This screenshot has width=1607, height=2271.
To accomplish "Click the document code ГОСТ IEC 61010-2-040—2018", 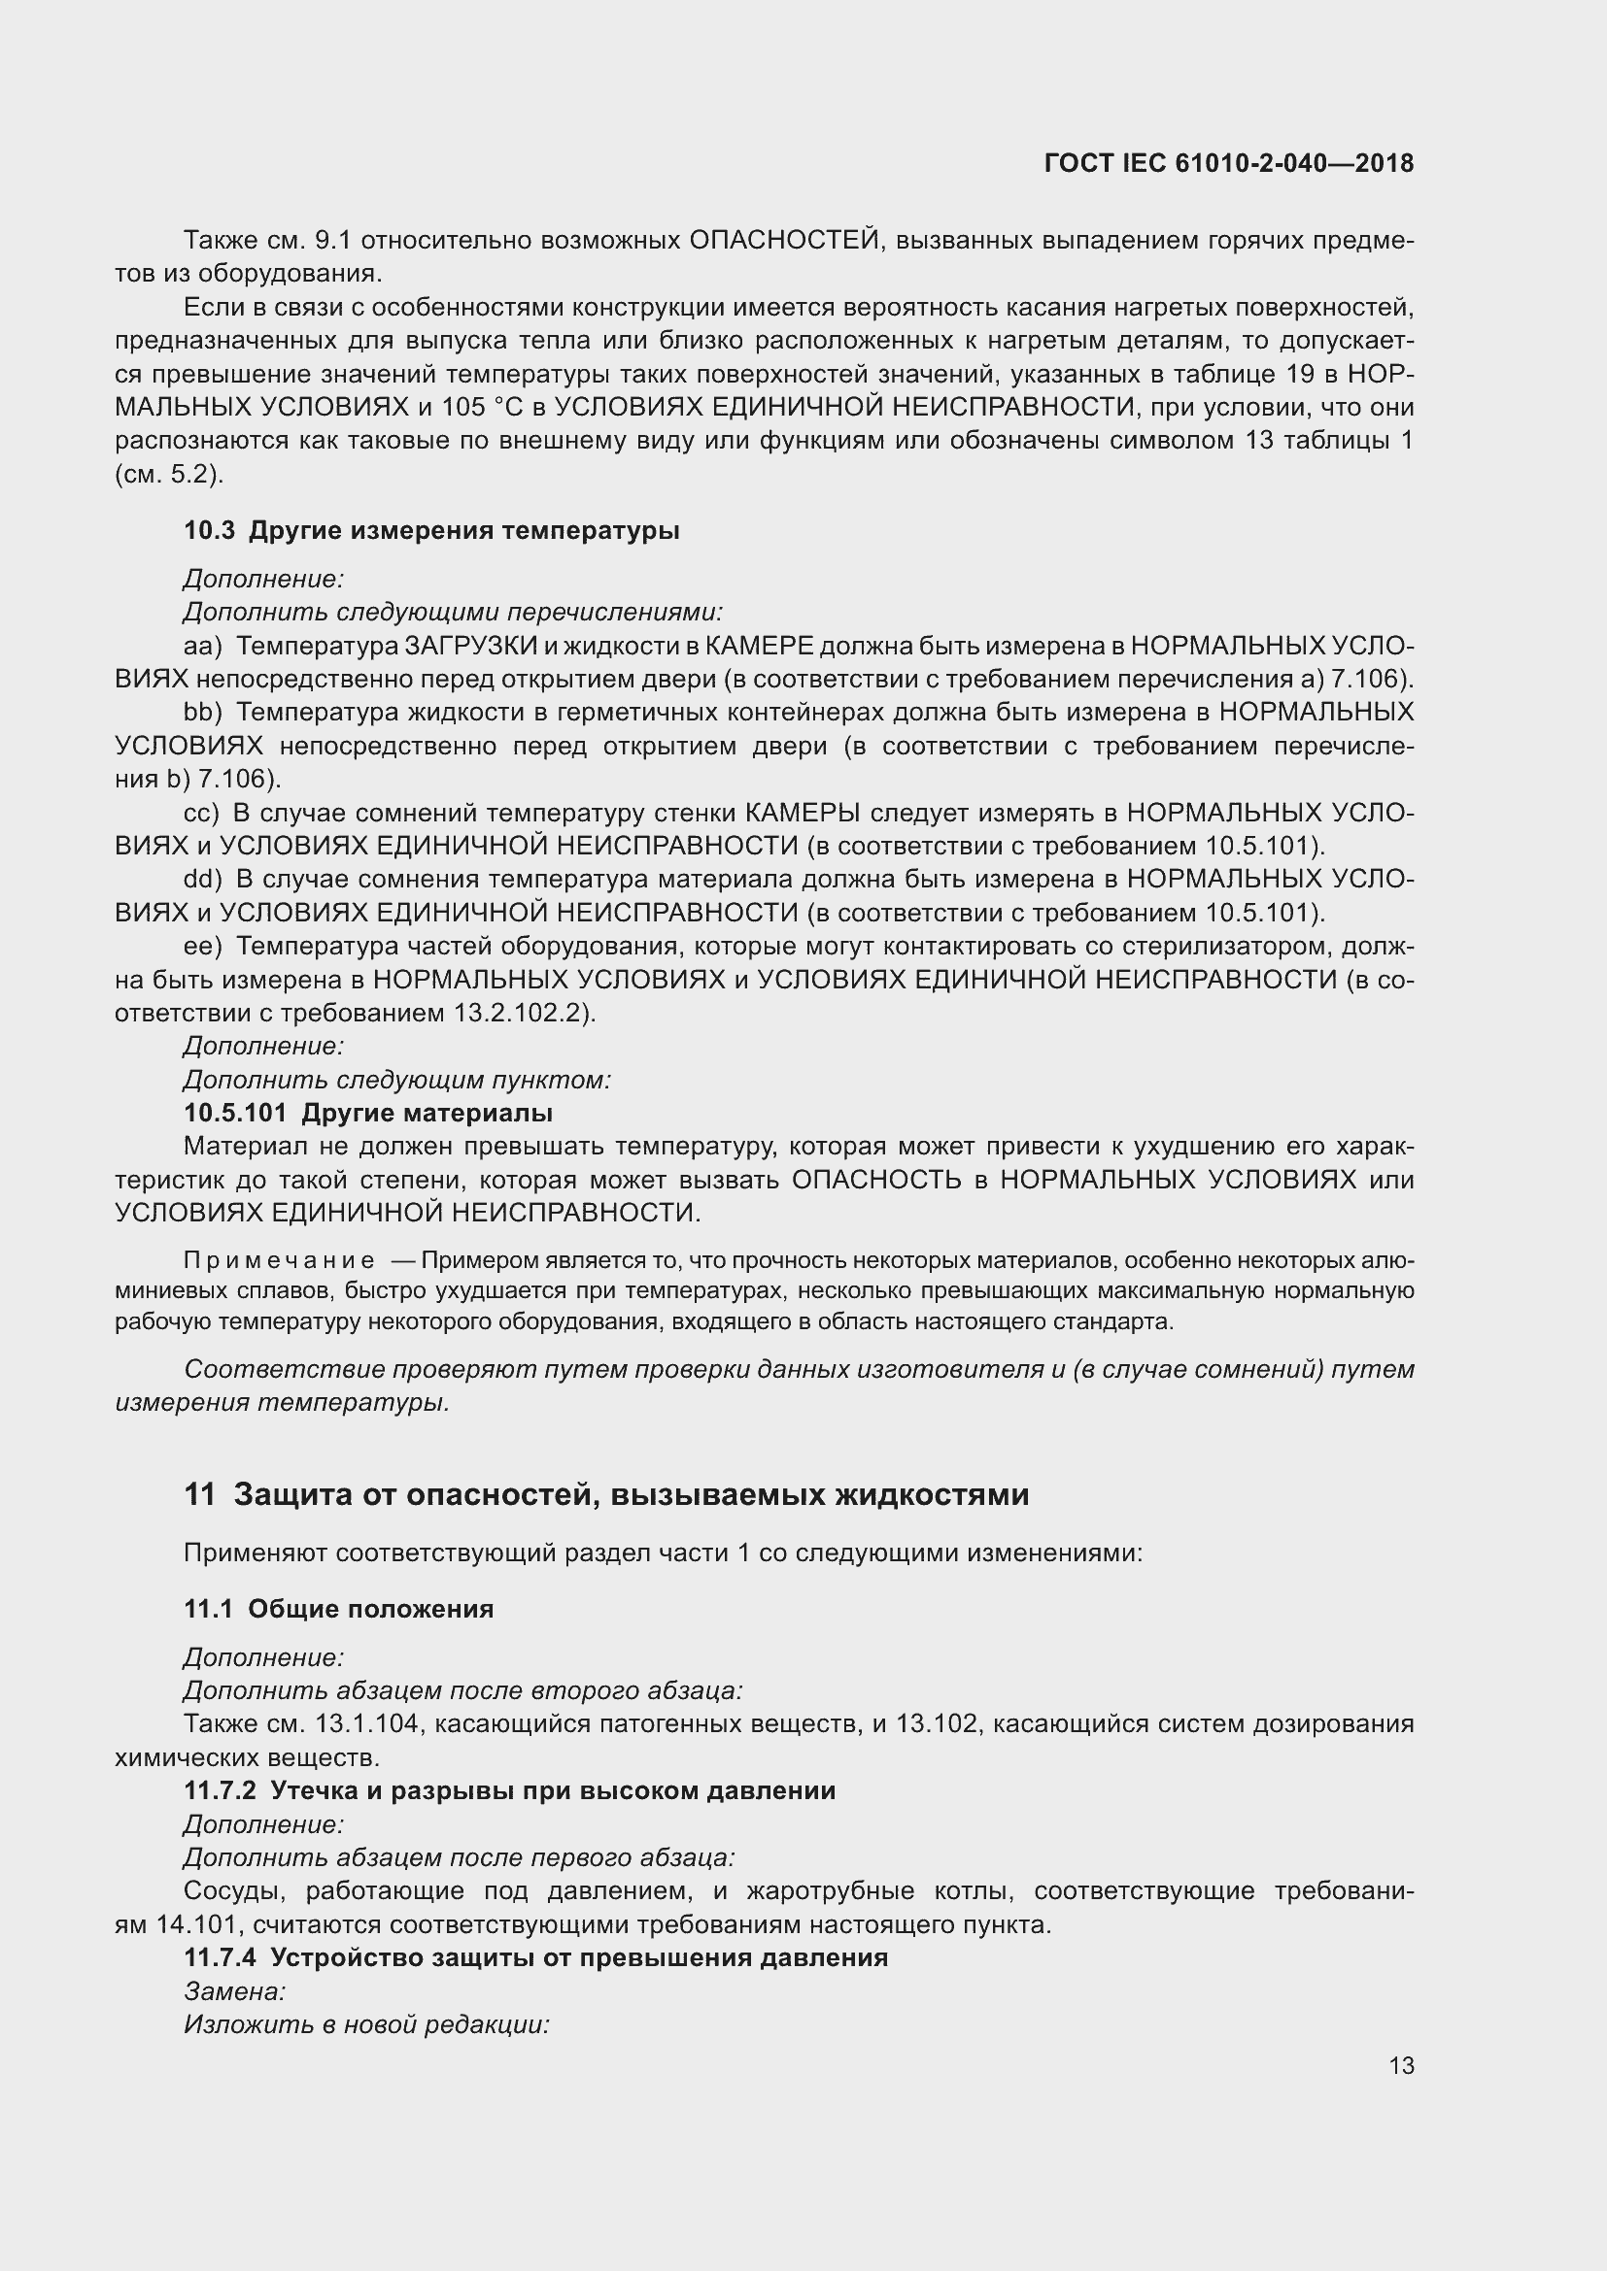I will [x=1228, y=163].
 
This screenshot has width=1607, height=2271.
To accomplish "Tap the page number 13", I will [x=1401, y=2065].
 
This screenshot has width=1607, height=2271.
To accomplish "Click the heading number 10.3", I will [x=209, y=531].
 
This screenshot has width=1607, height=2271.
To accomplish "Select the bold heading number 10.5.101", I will [x=234, y=1113].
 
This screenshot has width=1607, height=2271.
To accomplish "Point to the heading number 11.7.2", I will [x=220, y=1790].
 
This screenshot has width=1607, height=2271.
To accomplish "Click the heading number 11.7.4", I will [x=220, y=1957].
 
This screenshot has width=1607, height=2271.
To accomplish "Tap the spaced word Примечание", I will [x=279, y=1260].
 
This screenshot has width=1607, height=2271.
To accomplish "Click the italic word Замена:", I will [x=234, y=1990].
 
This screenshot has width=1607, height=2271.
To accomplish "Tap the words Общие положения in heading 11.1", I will [x=370, y=1609].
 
